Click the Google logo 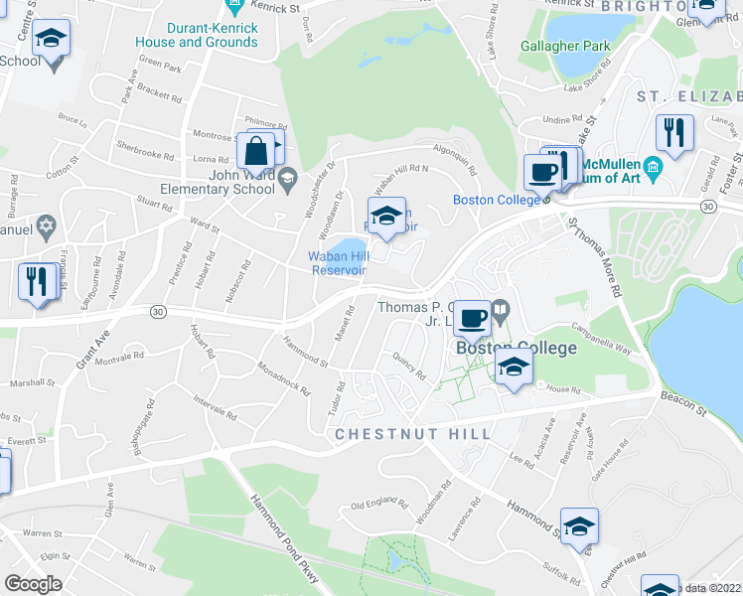[34, 584]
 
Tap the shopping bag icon [255, 152]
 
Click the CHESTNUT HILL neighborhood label [412, 435]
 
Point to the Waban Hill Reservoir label [338, 263]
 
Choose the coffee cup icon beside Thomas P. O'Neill [473, 319]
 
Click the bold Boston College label [516, 348]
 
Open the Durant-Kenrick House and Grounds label [197, 36]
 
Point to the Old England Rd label [378, 509]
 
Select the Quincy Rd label [408, 368]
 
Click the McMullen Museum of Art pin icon [653, 169]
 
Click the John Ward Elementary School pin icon [288, 179]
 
